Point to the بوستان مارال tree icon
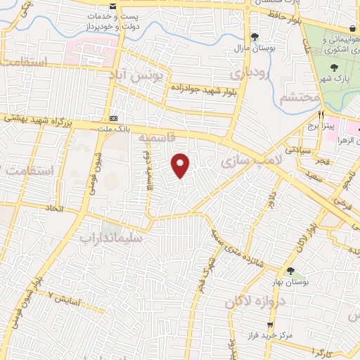tap(254, 37)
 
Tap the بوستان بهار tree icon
tap(290, 271)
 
